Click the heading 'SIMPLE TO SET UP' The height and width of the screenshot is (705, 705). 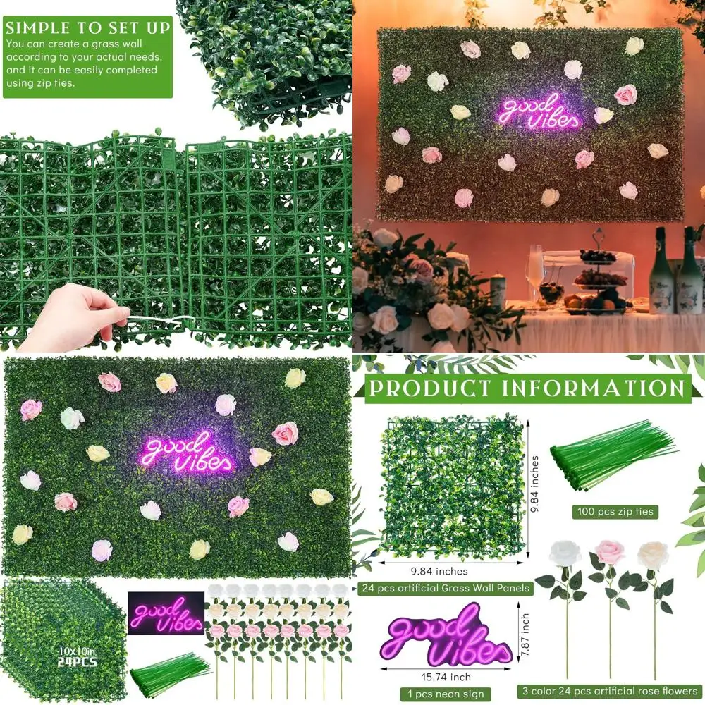click(87, 28)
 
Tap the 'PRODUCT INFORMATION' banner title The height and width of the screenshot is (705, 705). click(526, 388)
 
